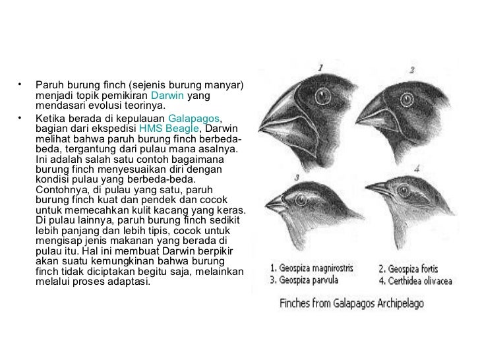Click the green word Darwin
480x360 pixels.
point(168,96)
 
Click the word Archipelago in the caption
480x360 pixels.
point(396,304)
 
